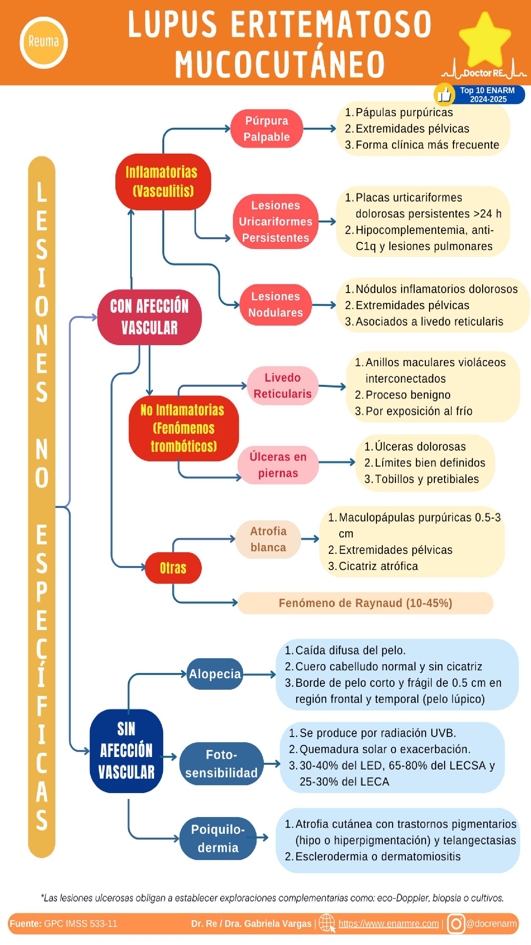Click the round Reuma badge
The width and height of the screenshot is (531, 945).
click(x=44, y=42)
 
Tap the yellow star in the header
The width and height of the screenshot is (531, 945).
click(x=484, y=39)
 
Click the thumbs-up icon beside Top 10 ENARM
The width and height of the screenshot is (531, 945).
click(x=444, y=94)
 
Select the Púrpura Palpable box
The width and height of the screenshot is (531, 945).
click(x=266, y=129)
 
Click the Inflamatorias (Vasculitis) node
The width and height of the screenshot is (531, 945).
click(x=163, y=181)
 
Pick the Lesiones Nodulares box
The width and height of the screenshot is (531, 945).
click(x=276, y=304)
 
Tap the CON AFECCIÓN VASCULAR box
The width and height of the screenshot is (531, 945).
click(x=149, y=317)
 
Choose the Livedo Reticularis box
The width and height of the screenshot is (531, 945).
click(x=282, y=386)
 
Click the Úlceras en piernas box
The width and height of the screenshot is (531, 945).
click(x=278, y=465)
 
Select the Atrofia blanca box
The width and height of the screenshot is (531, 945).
click(x=268, y=539)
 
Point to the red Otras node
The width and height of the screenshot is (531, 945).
click(x=173, y=568)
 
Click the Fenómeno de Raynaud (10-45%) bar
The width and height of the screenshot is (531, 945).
click(x=365, y=603)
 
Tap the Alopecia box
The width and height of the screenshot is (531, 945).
click(x=215, y=674)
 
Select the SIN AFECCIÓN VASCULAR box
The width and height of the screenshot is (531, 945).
click(x=126, y=750)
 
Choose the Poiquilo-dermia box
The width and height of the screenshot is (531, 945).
click(x=218, y=838)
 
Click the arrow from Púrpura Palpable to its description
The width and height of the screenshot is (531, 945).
click(x=319, y=129)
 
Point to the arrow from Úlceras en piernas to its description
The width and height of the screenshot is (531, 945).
click(x=336, y=462)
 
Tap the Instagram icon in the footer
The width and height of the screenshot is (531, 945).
click(x=456, y=924)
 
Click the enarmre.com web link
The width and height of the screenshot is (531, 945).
click(x=388, y=924)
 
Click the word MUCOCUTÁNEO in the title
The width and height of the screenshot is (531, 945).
click(x=280, y=64)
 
